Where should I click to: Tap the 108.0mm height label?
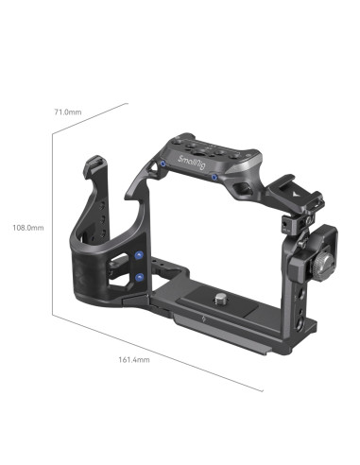(x=29, y=228)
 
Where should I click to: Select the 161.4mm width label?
(x=134, y=358)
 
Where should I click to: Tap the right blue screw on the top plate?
(x=214, y=177)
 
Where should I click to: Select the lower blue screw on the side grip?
(x=140, y=277)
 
